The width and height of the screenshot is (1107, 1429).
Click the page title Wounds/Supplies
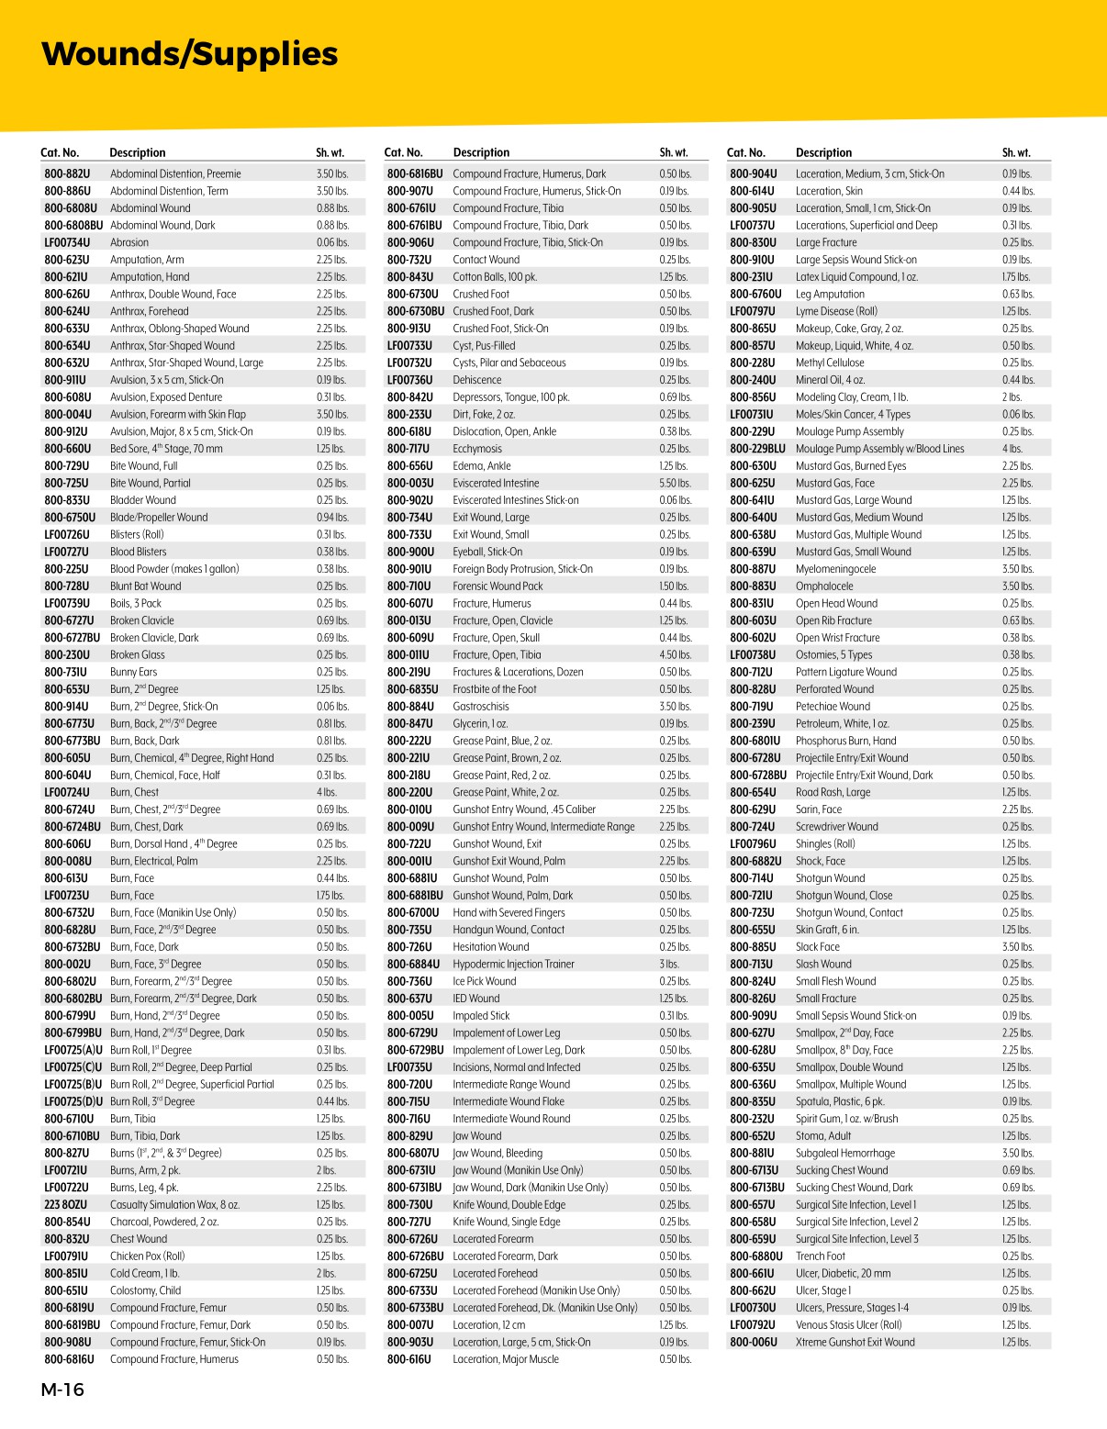pyautogui.click(x=190, y=54)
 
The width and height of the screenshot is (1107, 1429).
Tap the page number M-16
pyautogui.click(x=62, y=1390)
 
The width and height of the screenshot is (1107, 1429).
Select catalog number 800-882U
pyautogui.click(x=67, y=173)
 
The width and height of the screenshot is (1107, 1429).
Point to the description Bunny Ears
pyautogui.click(x=134, y=672)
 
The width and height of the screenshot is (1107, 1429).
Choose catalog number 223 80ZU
pyautogui.click(x=66, y=1205)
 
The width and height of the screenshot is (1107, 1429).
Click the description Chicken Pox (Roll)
pyautogui.click(x=148, y=1256)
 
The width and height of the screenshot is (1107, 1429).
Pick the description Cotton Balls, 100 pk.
pyautogui.click(x=495, y=277)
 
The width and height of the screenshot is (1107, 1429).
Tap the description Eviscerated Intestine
pyautogui.click(x=496, y=484)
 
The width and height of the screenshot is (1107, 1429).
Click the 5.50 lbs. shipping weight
pyautogui.click(x=675, y=484)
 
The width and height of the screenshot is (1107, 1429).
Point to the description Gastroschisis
pyautogui.click(x=481, y=707)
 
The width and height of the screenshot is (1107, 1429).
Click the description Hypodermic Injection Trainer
pyautogui.click(x=513, y=965)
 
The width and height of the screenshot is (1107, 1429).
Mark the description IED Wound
pyautogui.click(x=476, y=999)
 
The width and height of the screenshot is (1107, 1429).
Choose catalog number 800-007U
pyautogui.click(x=409, y=1325)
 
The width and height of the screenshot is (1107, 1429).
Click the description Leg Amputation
pyautogui.click(x=830, y=295)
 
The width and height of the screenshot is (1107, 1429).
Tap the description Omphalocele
pyautogui.click(x=824, y=586)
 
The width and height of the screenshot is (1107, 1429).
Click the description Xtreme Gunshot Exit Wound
pyautogui.click(x=855, y=1343)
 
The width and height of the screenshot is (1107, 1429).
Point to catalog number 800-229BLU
pyautogui.click(x=757, y=449)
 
